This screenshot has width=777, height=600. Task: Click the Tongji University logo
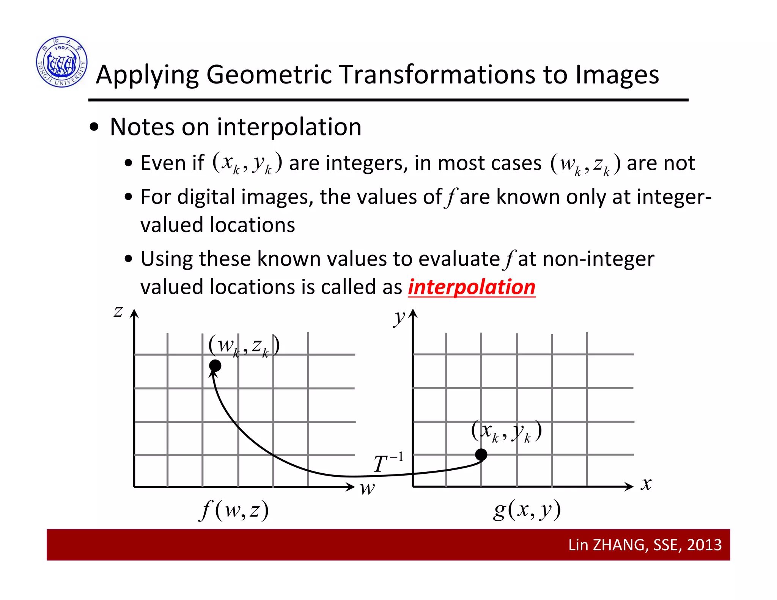(62, 62)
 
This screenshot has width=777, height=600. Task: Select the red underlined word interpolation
(472, 287)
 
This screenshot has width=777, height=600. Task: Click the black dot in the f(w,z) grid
(215, 366)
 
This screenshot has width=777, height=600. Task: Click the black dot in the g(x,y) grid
(481, 454)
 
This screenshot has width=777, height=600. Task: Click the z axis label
(118, 312)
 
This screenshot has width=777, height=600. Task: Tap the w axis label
(367, 488)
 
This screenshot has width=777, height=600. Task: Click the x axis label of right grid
(646, 484)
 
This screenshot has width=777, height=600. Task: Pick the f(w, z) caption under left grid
(234, 510)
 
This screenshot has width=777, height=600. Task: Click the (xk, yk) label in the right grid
(506, 431)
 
